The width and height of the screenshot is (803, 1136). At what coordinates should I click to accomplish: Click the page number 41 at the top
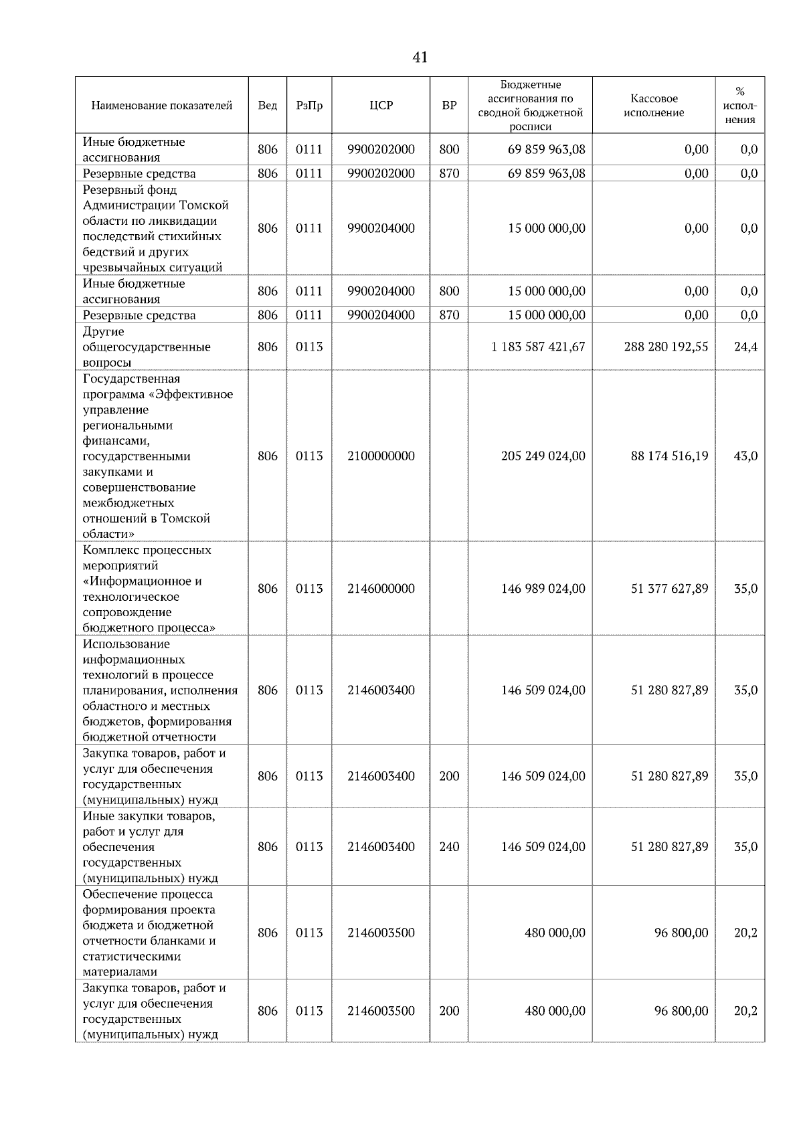click(420, 58)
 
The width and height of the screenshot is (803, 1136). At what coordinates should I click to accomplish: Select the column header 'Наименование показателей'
click(161, 106)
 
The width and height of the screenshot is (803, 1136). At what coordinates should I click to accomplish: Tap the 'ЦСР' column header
click(381, 106)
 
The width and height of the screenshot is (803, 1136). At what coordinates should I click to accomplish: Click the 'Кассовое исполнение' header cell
click(654, 106)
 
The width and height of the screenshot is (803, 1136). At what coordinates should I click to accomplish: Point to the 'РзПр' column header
click(309, 106)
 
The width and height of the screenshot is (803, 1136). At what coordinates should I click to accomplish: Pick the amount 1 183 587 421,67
click(538, 347)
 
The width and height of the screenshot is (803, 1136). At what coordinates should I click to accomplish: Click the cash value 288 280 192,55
click(666, 347)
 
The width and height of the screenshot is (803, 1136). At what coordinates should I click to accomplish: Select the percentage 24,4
click(745, 347)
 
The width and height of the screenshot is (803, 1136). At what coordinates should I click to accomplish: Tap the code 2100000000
click(381, 456)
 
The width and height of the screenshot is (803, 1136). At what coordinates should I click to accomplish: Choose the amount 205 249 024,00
click(543, 456)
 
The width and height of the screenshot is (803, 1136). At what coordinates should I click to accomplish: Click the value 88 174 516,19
click(669, 456)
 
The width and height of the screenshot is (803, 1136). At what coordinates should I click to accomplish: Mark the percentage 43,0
click(745, 456)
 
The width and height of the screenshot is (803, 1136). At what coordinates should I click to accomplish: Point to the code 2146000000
click(381, 589)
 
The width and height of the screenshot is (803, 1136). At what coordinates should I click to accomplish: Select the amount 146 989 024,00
click(543, 589)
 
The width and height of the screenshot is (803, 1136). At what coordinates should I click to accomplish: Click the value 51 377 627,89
click(669, 589)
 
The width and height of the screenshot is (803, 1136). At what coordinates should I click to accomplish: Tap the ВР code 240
click(449, 847)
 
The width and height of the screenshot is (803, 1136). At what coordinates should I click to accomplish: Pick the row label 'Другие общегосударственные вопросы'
click(147, 347)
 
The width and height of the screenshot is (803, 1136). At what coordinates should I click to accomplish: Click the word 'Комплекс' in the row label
click(109, 550)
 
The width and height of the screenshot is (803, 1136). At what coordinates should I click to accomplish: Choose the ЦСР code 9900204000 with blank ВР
click(381, 228)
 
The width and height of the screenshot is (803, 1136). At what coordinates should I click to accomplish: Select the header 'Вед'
click(267, 106)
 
